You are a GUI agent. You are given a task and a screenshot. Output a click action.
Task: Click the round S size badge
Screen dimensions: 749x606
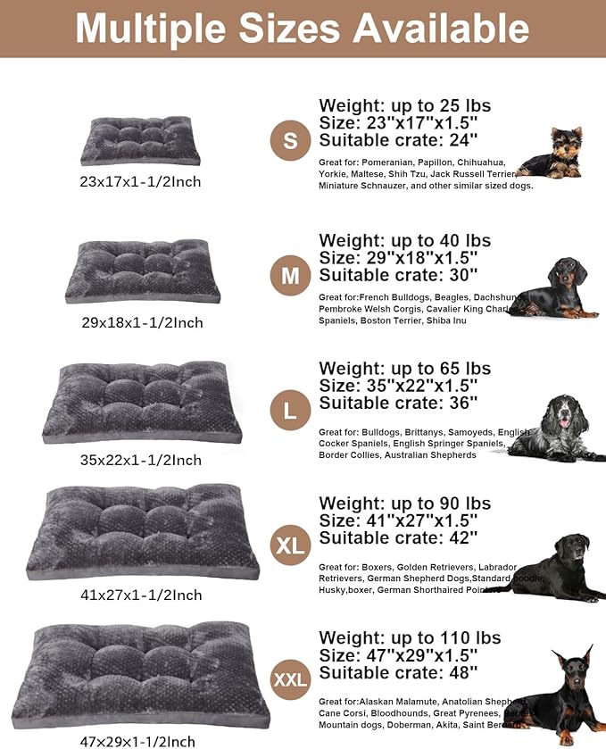click(290, 141)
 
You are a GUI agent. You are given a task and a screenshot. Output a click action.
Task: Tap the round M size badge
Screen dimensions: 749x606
click(290, 276)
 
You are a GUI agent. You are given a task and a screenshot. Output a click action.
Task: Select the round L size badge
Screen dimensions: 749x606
click(290, 411)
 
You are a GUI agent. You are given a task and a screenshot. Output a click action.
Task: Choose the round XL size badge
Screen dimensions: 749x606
click(290, 545)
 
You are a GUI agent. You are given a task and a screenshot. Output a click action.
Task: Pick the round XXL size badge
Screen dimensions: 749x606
click(290, 679)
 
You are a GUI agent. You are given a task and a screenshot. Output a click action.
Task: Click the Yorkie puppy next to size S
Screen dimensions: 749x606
click(552, 154)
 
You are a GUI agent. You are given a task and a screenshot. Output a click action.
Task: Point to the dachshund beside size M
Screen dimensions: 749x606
click(558, 288)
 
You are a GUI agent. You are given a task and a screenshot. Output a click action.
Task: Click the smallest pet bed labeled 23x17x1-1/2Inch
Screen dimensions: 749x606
click(141, 141)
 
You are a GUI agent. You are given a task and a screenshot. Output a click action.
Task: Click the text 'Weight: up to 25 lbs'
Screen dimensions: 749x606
click(404, 106)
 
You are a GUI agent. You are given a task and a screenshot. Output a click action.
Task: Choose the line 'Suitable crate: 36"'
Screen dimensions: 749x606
click(398, 403)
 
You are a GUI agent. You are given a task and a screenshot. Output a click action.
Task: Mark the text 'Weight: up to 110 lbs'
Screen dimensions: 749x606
click(410, 637)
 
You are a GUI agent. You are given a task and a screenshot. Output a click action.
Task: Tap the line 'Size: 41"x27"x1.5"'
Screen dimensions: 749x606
click(398, 520)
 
